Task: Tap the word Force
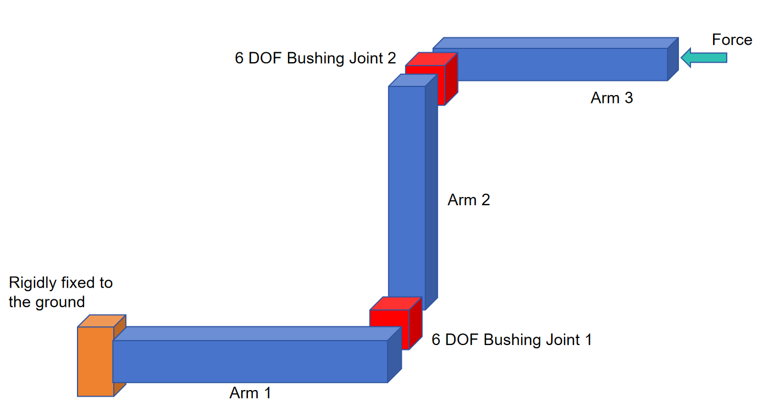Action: pos(732,40)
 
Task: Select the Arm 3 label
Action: pos(611,98)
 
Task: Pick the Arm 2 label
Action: pos(468,200)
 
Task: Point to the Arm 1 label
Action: pos(250,393)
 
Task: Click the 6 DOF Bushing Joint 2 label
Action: pos(315,58)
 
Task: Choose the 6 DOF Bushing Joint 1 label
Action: pos(511,340)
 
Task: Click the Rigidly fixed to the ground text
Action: pos(60,292)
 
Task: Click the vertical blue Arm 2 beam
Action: pos(407,193)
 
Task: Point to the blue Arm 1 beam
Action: pos(250,361)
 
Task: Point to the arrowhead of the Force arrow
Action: pos(686,57)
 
